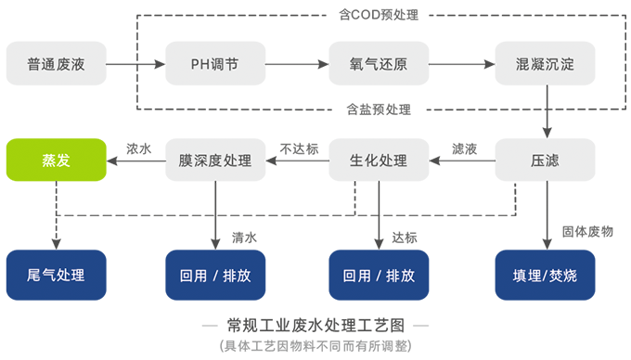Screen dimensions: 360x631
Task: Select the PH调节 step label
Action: point(214,65)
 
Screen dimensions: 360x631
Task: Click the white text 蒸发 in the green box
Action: point(57,160)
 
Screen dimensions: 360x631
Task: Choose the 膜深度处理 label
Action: point(214,160)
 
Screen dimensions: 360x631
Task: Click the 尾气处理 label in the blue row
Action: point(57,276)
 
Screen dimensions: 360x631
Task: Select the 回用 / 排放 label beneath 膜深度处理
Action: point(214,276)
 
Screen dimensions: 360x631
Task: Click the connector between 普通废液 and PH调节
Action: point(135,65)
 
